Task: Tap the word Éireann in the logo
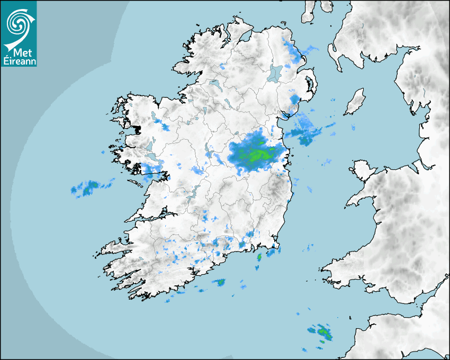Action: (19, 61)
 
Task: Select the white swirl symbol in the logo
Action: (19, 24)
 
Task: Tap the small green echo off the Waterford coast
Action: (259, 257)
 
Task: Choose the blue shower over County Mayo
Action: (164, 127)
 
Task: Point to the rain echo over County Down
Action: (295, 99)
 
